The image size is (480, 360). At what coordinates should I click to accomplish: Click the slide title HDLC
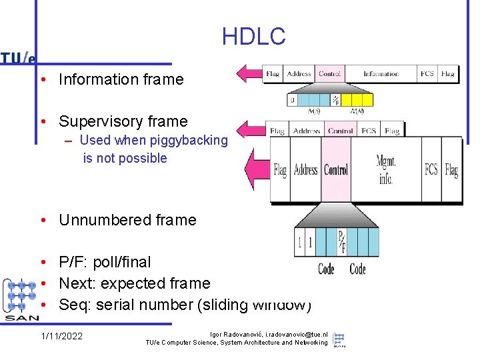253,37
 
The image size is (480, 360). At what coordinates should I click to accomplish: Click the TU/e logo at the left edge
18,58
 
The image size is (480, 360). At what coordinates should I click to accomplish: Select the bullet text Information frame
121,79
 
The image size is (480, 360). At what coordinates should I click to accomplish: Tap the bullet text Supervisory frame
123,121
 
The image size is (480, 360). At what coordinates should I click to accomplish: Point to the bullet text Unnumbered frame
127,220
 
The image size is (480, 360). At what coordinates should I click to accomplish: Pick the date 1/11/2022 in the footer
61,336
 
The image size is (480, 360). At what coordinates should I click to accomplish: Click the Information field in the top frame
381,74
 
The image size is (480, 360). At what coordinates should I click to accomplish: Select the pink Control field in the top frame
329,74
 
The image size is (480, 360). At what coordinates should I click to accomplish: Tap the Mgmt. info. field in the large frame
385,169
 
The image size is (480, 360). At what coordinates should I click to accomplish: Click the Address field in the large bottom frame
305,170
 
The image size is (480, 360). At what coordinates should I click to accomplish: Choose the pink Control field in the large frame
336,170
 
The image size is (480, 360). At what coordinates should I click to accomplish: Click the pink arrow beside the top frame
250,73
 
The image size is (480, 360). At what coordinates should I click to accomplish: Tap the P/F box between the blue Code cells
341,241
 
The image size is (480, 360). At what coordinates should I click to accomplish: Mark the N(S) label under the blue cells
313,111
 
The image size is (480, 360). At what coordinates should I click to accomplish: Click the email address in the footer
288,334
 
